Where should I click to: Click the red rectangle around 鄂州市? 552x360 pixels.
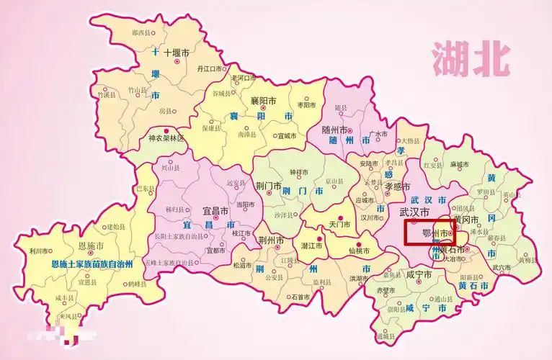429,233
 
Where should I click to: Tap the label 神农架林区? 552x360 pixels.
166,138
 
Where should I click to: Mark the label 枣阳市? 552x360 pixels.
306,105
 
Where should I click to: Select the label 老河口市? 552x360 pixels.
243,78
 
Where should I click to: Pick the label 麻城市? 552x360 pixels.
460,164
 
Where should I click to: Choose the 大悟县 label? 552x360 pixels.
410,142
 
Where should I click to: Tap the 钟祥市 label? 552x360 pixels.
298,173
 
